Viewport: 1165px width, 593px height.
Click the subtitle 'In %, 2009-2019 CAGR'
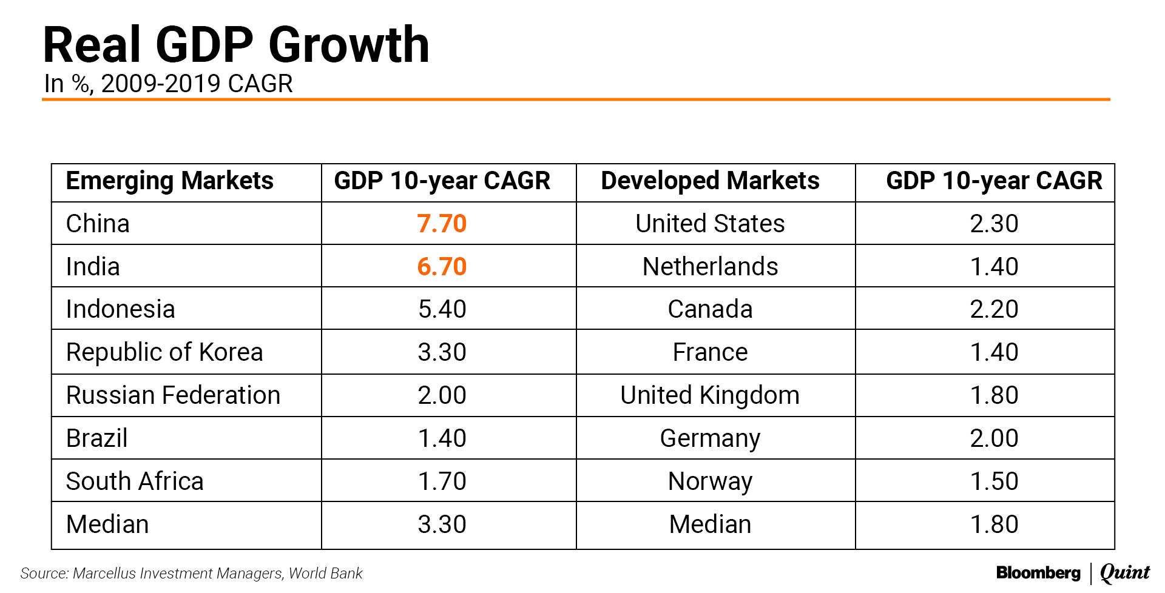(168, 84)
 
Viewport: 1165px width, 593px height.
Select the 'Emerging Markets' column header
(169, 181)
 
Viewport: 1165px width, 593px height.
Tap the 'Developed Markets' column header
(710, 181)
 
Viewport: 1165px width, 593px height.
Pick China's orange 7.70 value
(442, 224)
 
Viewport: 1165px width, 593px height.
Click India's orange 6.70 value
(442, 267)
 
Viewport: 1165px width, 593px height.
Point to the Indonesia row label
(120, 309)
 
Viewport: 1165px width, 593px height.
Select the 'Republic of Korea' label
(164, 352)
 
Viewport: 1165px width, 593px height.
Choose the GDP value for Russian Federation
(442, 395)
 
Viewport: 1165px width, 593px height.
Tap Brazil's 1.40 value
(442, 438)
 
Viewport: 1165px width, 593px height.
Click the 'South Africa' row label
(135, 481)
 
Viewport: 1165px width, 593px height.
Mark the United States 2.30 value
(994, 224)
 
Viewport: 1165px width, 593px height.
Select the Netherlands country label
(710, 267)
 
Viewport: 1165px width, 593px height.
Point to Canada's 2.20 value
(994, 309)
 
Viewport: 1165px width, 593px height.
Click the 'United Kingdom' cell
(710, 395)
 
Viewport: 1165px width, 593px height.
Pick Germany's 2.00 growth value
(994, 438)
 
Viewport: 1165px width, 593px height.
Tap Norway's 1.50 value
(994, 481)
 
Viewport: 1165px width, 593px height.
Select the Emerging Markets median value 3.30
(442, 524)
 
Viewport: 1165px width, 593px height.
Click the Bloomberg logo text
(1038, 573)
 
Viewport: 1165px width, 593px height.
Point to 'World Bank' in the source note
(325, 574)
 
